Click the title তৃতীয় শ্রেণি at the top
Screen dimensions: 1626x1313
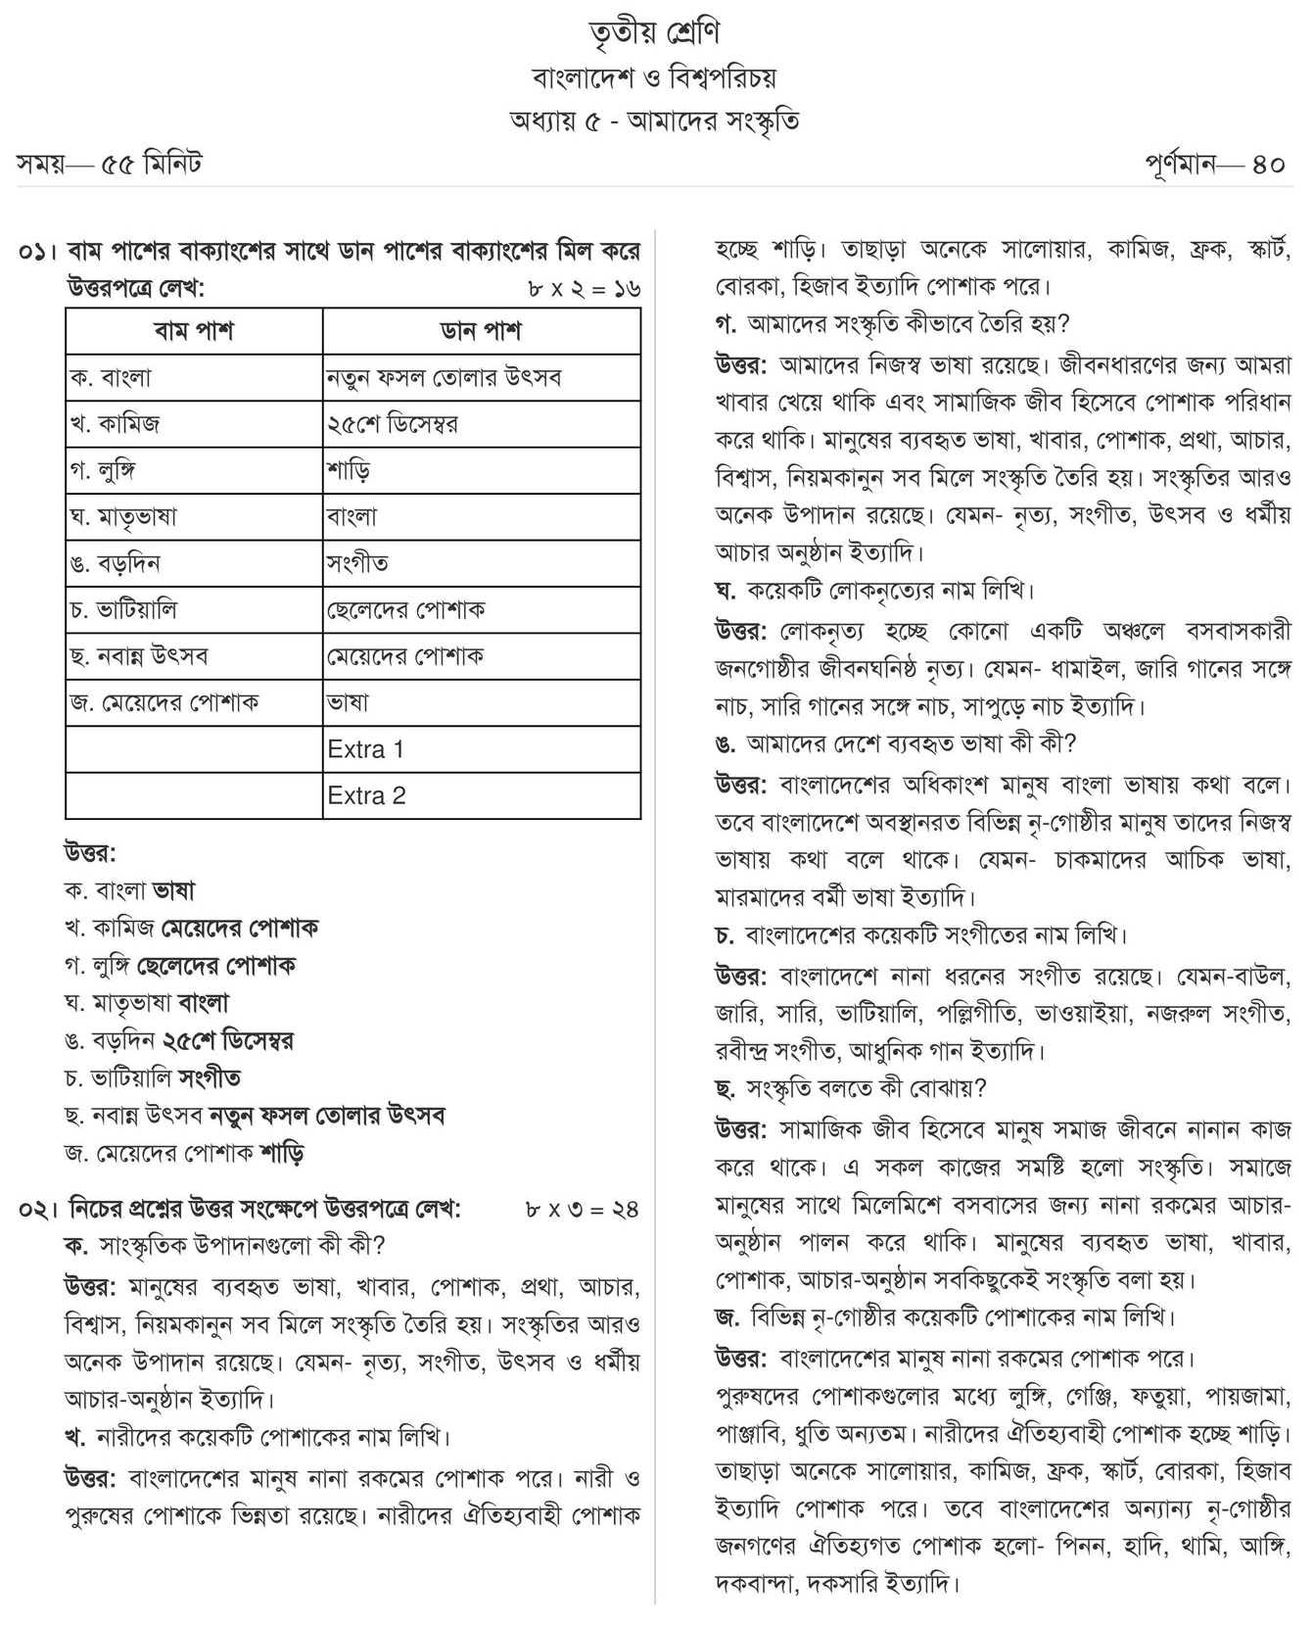coord(655,32)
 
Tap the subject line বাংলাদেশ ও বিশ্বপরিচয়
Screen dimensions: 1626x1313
coord(655,76)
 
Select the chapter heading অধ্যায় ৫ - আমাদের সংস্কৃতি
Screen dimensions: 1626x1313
coord(655,120)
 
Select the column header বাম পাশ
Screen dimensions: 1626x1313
coord(194,331)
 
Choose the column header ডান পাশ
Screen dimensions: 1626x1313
coord(481,331)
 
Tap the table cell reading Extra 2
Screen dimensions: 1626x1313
coord(367,796)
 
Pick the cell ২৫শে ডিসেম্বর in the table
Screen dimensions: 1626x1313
coord(393,424)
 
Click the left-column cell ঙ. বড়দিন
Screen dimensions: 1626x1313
coord(116,564)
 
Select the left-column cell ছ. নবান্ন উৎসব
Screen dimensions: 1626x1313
coord(139,656)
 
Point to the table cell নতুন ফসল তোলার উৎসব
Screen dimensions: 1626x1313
coord(445,378)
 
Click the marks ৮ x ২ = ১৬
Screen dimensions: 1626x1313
coord(583,289)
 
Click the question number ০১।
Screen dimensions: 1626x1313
coord(38,252)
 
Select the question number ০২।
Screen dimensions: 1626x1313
coord(38,1209)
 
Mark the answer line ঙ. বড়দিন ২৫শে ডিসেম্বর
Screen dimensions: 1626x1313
coord(179,1040)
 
